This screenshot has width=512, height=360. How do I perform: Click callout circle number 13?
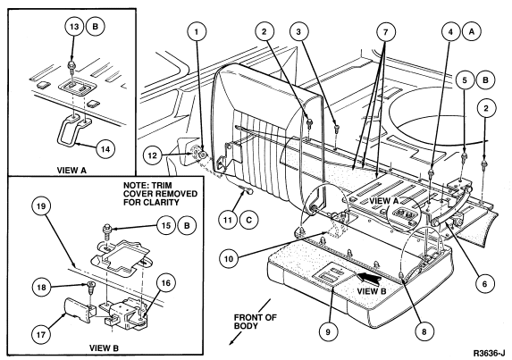click(75, 27)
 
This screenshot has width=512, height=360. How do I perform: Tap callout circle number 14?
click(105, 149)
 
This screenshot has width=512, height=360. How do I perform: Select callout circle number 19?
click(40, 206)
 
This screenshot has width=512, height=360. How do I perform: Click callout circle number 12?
click(153, 155)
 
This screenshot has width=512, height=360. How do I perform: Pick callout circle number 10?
click(229, 259)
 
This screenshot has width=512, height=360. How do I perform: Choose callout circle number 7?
click(386, 32)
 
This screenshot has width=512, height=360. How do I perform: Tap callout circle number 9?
click(328, 332)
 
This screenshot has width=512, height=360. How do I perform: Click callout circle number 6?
click(484, 284)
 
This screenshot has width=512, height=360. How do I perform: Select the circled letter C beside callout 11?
click(248, 220)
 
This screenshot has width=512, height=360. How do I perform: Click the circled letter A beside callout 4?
click(471, 31)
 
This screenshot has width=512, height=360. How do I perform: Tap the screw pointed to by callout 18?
click(91, 287)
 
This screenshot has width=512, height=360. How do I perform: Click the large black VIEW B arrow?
click(369, 278)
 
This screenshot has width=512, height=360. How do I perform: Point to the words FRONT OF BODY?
click(256, 322)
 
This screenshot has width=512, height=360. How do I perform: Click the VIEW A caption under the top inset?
click(71, 170)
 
